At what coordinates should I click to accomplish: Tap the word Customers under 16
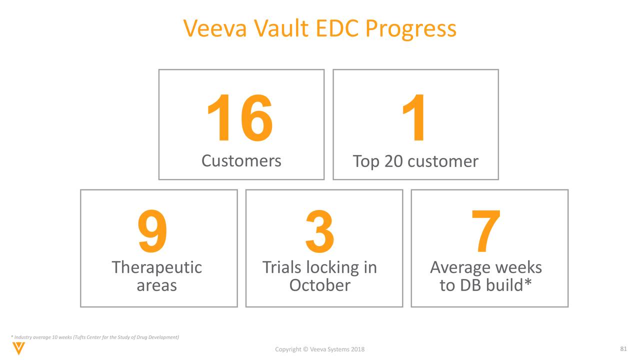(241, 161)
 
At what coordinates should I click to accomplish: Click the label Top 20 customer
(415, 161)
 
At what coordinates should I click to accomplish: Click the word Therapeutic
(156, 267)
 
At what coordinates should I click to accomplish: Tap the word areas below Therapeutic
(156, 285)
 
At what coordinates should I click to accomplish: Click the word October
(319, 285)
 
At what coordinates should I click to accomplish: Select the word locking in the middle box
(330, 267)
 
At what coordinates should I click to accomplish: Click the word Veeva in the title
(215, 28)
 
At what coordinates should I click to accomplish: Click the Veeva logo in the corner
(18, 348)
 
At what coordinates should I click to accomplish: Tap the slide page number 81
(623, 348)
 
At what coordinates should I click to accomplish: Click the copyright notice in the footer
(319, 349)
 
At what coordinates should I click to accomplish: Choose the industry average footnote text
(95, 337)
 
